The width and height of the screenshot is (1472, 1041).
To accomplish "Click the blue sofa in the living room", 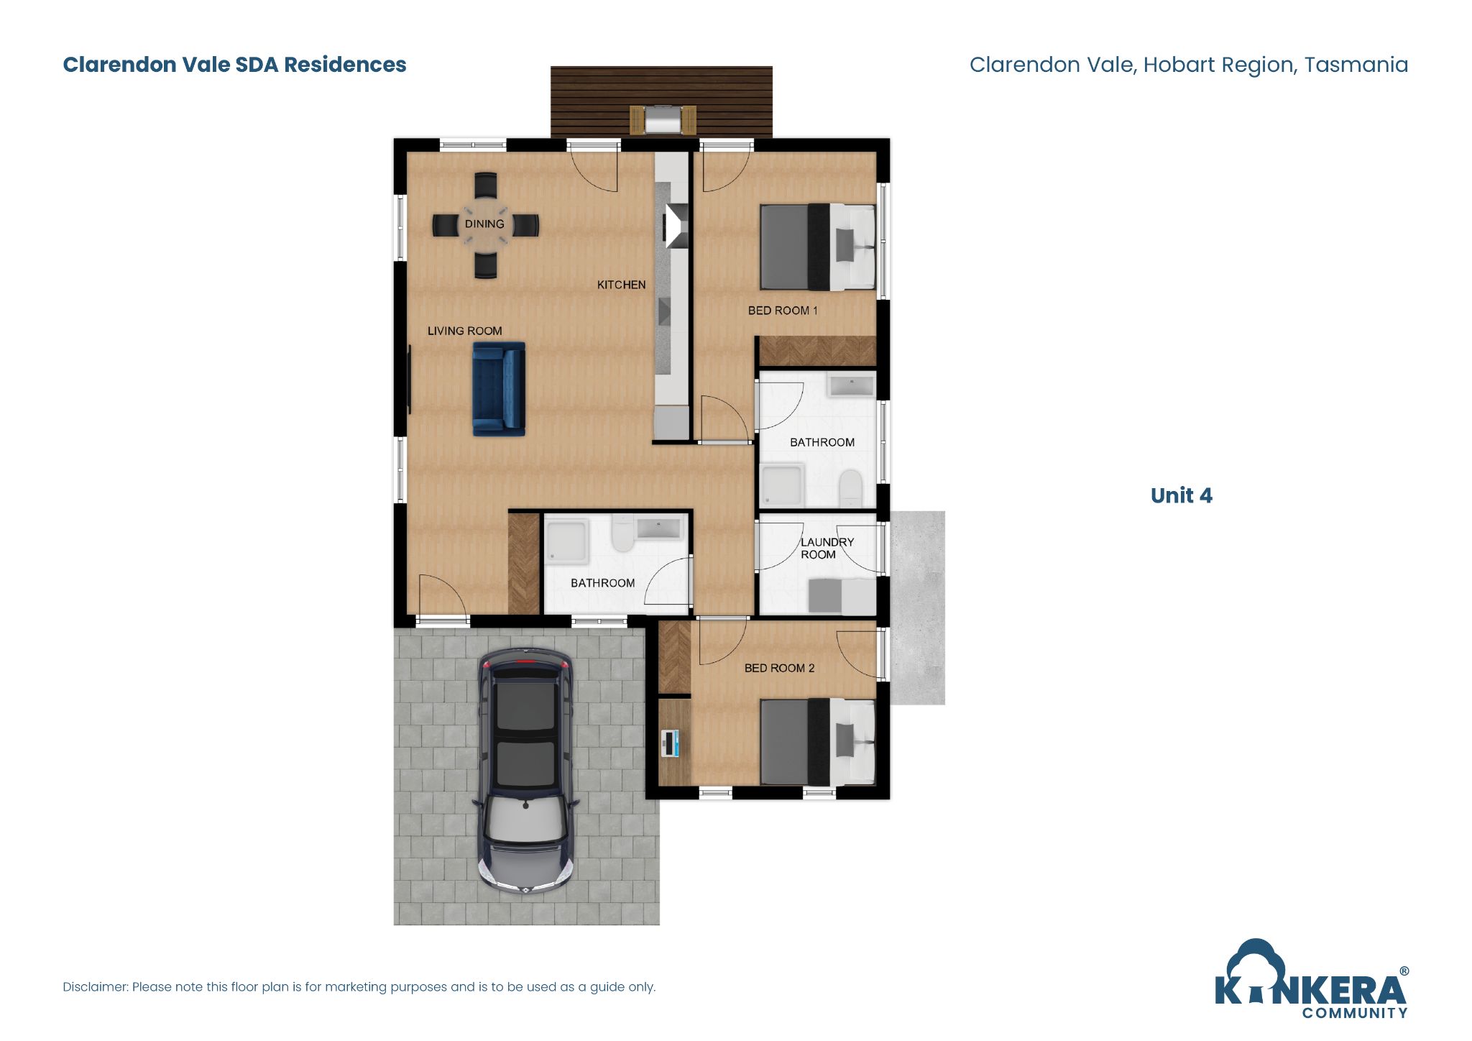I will [499, 389].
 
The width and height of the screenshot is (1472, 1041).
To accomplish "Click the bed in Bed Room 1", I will [817, 247].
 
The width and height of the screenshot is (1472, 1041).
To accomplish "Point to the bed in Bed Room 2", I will [817, 741].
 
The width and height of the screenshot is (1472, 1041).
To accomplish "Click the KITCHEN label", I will [621, 285].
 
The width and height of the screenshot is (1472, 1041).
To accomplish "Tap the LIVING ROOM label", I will [464, 331].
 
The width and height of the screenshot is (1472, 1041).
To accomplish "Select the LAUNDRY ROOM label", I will [827, 549].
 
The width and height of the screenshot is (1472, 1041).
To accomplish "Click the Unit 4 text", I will [1181, 495].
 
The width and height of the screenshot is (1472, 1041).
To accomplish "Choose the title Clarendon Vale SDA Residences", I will [234, 65].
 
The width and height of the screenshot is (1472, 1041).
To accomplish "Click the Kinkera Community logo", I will [1311, 981].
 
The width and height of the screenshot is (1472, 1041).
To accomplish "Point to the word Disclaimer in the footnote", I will [95, 987].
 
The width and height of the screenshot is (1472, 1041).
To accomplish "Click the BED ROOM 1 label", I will [782, 311].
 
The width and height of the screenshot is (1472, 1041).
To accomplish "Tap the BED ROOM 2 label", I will [779, 668].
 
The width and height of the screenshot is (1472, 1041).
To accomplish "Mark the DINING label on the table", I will [484, 224].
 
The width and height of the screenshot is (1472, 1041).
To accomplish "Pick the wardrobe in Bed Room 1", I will [818, 351].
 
